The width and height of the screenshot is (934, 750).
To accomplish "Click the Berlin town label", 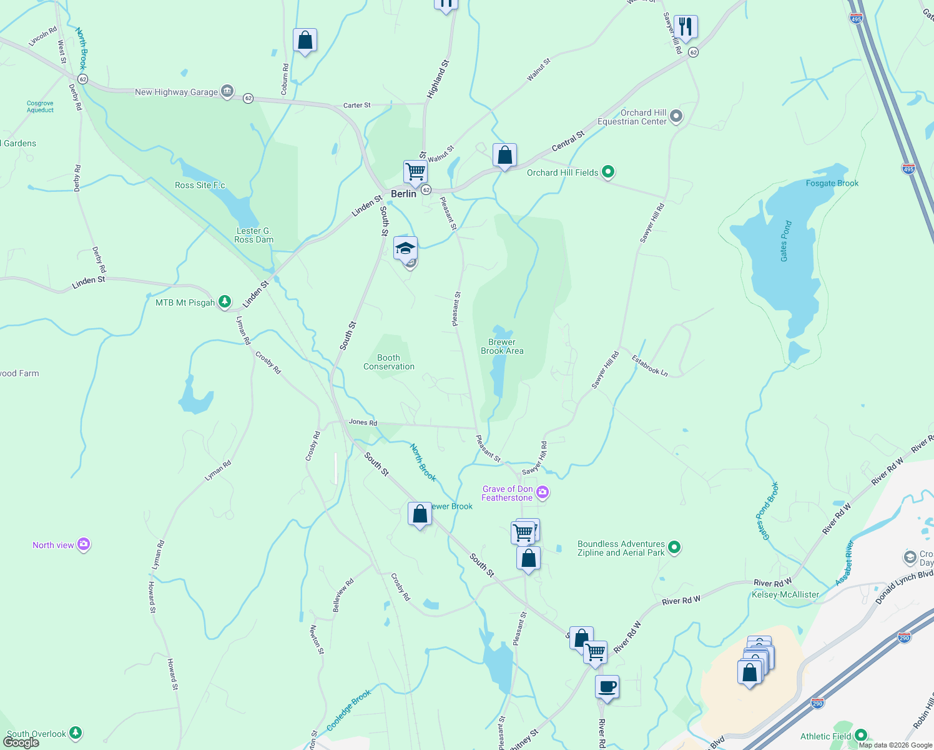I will (x=403, y=194).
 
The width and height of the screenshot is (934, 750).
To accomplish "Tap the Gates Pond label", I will (x=785, y=241).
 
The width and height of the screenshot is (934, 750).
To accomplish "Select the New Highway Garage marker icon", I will (x=227, y=91).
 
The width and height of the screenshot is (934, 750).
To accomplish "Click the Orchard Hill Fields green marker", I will (x=608, y=172).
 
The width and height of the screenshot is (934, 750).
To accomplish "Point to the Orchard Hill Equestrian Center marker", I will (x=676, y=117).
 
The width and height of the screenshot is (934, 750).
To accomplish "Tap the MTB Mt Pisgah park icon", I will (x=224, y=302).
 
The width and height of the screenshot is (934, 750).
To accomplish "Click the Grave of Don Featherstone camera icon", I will (x=543, y=493).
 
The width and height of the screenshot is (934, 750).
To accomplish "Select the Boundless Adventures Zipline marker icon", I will (x=674, y=548).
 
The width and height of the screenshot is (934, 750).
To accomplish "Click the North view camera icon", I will (x=84, y=545).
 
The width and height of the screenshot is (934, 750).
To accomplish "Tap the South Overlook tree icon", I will (x=76, y=732).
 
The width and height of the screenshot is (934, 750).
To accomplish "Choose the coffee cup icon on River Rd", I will (x=607, y=687).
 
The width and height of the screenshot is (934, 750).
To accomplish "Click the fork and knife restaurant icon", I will (x=686, y=27).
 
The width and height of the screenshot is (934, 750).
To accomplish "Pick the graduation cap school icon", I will (x=405, y=248).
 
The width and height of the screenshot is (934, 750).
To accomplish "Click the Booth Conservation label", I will (x=389, y=362).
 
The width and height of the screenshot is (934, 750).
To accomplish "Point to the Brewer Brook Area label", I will (x=502, y=346).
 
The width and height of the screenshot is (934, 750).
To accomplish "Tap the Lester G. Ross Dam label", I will (x=253, y=235).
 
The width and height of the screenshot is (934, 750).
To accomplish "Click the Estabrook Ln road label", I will (x=649, y=366).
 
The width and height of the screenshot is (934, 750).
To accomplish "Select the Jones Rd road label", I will (x=363, y=422).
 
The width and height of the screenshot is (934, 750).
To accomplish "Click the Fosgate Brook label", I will (x=832, y=183).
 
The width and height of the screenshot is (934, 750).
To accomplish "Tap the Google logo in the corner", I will (x=21, y=742).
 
